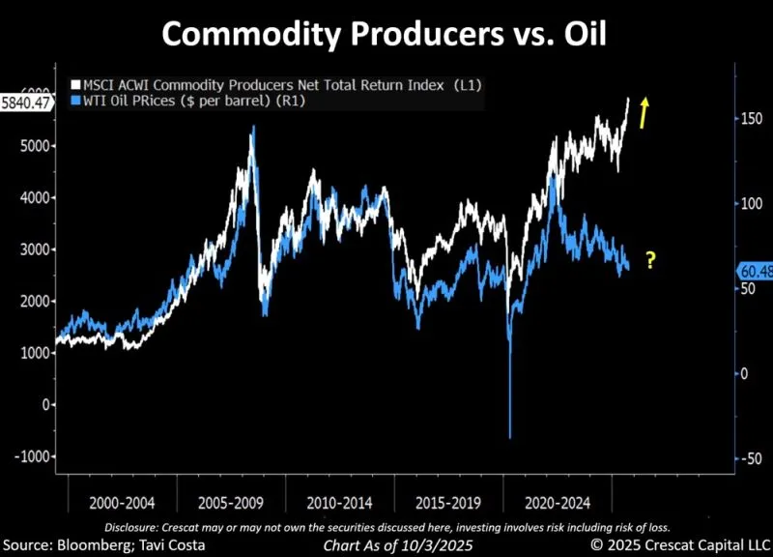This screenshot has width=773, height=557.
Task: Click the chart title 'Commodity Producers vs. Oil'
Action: pyautogui.click(x=386, y=34)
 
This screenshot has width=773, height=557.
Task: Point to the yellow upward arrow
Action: pyautogui.click(x=643, y=112)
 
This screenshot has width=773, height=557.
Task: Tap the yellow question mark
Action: pyautogui.click(x=650, y=260)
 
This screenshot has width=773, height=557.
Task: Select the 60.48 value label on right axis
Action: pyautogui.click(x=753, y=271)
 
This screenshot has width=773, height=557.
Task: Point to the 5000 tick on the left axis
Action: pyautogui.click(x=33, y=146)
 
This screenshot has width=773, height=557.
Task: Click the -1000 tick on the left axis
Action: pyautogui.click(x=30, y=456)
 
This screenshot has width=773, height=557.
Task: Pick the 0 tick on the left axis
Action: pyautogui.click(x=45, y=404)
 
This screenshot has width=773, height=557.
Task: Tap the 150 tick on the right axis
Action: pyautogui.click(x=750, y=119)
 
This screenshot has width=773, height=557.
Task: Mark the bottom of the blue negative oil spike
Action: pyautogui.click(x=509, y=437)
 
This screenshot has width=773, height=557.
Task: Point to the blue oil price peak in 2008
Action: pyautogui.click(x=253, y=127)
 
